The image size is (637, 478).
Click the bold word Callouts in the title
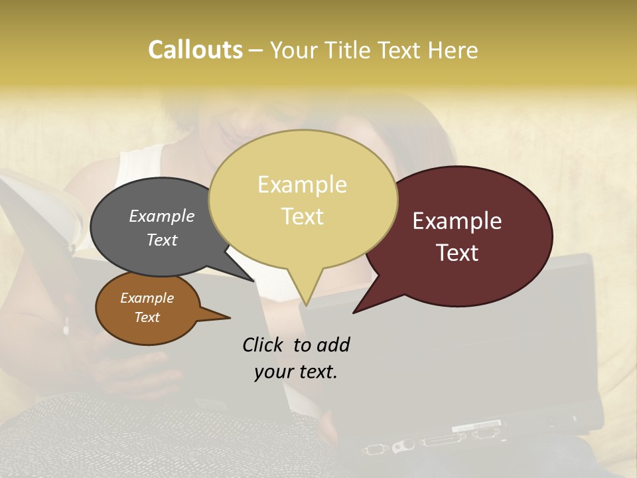(195, 50)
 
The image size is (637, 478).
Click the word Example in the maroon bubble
(457, 221)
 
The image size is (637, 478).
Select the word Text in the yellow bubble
(303, 216)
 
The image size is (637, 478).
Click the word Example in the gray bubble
(161, 216)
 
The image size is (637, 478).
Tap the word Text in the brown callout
(147, 317)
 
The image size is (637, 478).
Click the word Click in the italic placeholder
(263, 345)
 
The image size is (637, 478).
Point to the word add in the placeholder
(332, 345)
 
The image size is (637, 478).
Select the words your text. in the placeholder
(296, 372)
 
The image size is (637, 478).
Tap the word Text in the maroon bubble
(458, 253)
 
